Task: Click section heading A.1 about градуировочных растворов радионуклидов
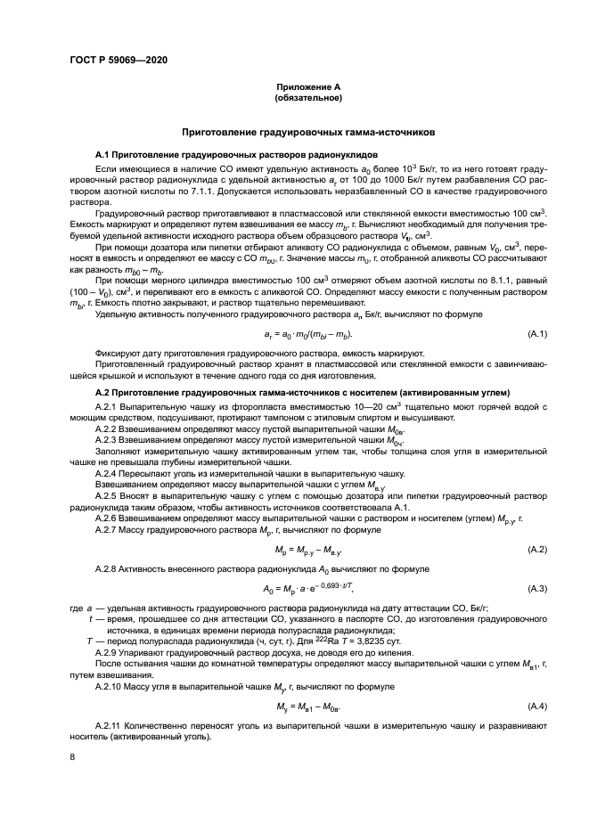point(209,154)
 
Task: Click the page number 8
point(73,757)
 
